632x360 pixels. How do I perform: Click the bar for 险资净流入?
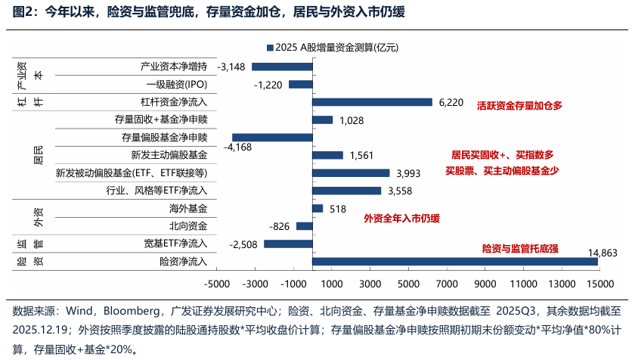tap(454, 262)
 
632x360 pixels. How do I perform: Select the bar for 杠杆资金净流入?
tap(372, 102)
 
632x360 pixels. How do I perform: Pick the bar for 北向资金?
tap(304, 226)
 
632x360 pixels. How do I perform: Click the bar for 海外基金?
tap(317, 209)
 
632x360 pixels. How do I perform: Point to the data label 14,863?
tap(604, 253)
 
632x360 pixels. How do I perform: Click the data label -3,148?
tap(231, 67)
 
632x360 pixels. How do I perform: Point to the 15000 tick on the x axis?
tap(597, 284)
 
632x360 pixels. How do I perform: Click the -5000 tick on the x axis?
tap(217, 284)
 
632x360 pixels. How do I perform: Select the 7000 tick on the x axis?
tap(445, 284)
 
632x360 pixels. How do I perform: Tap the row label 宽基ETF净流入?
tap(175, 244)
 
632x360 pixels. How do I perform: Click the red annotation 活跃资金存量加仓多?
tap(521, 106)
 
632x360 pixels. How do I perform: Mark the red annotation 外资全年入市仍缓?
tap(401, 219)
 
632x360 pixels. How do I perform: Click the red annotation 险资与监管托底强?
tap(520, 248)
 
